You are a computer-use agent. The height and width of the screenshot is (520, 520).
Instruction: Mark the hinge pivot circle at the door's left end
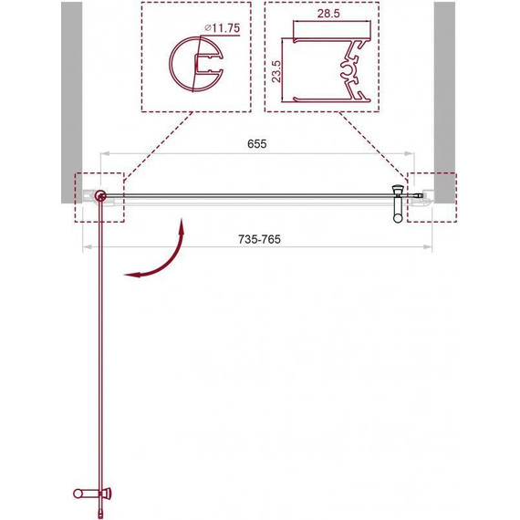point(99,195)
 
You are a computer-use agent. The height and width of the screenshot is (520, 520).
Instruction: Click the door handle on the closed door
point(396,203)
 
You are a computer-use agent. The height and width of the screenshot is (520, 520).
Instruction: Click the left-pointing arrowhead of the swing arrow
point(128,273)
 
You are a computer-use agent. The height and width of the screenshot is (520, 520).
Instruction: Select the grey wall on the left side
point(71,91)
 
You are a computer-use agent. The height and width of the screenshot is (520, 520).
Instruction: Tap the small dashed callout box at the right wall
point(429,196)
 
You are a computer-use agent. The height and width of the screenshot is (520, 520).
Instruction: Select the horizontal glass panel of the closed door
point(246,194)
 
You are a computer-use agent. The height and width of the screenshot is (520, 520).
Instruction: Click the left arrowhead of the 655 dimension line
point(103,153)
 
